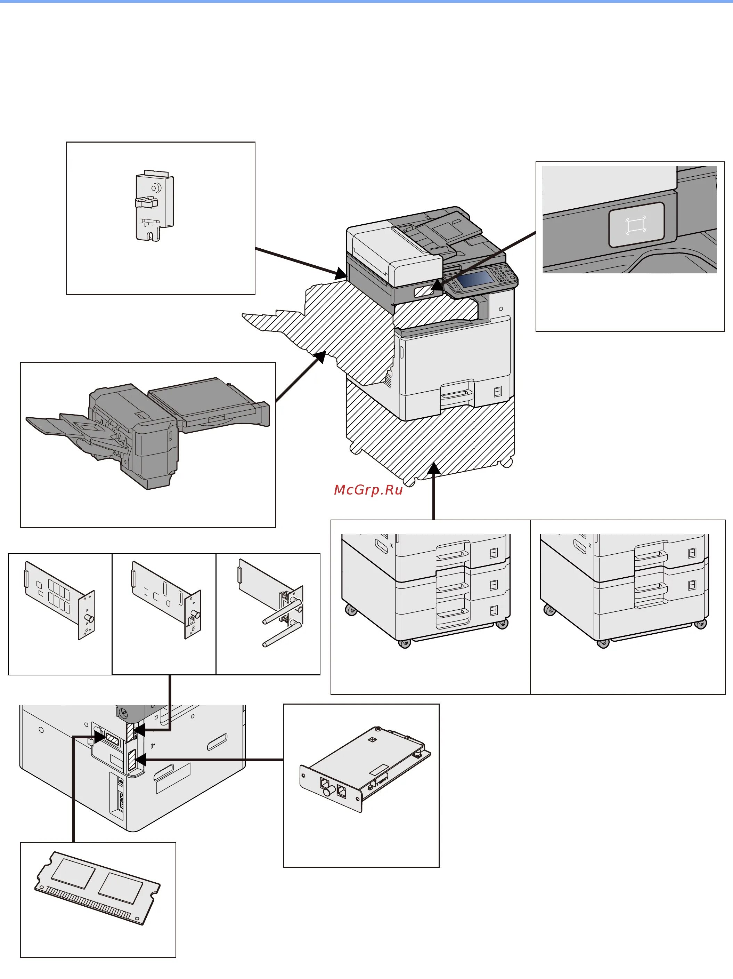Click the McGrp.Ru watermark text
click(x=368, y=490)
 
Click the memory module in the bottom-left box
click(x=97, y=888)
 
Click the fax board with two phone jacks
click(x=365, y=770)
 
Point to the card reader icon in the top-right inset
click(x=636, y=225)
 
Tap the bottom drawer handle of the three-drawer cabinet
click(x=453, y=614)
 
